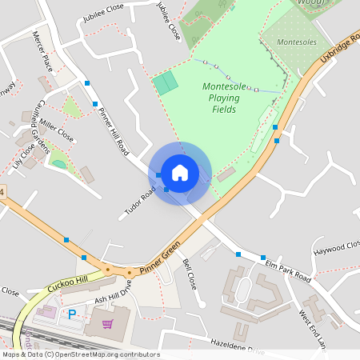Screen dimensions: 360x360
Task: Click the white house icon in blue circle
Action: tap(180, 173)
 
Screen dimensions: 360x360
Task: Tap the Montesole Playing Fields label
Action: tap(224, 98)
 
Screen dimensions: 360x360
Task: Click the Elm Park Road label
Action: tap(288, 269)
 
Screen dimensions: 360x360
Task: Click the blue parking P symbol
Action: tap(71, 315)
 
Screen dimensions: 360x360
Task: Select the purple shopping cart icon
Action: tap(107, 324)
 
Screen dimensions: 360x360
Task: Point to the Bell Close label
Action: tap(190, 274)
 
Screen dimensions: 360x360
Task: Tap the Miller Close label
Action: tap(56, 132)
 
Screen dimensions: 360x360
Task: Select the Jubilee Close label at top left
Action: tap(103, 9)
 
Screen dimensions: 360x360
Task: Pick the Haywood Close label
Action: tap(337, 249)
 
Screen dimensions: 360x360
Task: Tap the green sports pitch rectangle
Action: tap(166, 83)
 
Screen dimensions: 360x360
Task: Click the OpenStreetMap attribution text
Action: tap(80, 354)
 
